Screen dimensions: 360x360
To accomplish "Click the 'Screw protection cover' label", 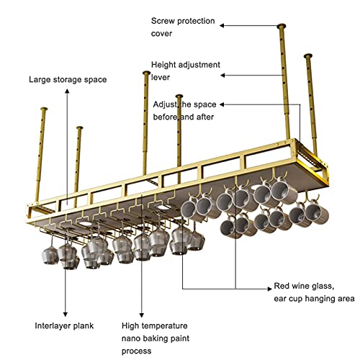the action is (x=183, y=27).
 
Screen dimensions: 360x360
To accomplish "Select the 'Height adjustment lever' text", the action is (x=186, y=71).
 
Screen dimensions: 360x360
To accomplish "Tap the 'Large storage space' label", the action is (x=68, y=80).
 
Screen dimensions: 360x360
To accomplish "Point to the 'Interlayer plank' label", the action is (x=64, y=325).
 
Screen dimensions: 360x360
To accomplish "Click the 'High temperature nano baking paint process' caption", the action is (x=156, y=338).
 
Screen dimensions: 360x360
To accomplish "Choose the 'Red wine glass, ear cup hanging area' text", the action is (x=314, y=292).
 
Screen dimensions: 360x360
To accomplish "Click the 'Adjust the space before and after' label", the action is (x=184, y=111).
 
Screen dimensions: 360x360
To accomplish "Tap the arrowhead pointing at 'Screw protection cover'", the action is (x=222, y=25).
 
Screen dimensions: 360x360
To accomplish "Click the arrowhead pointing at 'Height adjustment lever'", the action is (x=222, y=76).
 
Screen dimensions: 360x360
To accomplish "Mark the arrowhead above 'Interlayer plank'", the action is (x=66, y=314).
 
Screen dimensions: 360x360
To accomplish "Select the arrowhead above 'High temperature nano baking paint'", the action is (x=142, y=315).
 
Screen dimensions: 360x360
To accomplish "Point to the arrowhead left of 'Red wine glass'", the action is (x=270, y=289).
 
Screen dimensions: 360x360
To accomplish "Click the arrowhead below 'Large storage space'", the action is (x=68, y=91).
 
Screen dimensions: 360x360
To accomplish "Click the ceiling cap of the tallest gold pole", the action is (x=282, y=26).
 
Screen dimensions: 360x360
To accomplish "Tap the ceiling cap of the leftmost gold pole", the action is (x=44, y=109).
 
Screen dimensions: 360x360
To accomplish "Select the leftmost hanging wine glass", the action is (x=50, y=256).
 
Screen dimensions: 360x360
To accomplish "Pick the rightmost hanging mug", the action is (x=317, y=212).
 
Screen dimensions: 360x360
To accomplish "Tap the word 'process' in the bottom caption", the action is (x=136, y=351).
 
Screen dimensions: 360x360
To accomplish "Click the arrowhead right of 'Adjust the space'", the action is (x=222, y=104).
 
